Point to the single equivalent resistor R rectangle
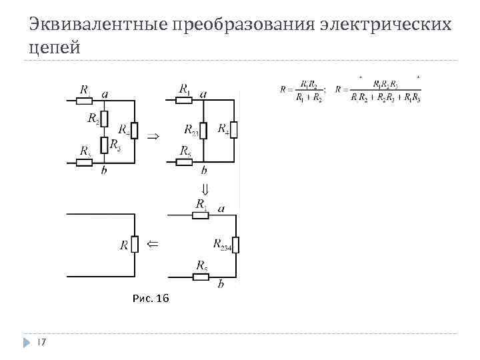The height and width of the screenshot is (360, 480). [x=135, y=245]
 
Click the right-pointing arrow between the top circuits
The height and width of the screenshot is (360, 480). [x=153, y=135]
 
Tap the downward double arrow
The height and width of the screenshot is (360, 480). [x=205, y=189]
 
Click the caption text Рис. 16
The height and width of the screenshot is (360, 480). [x=151, y=298]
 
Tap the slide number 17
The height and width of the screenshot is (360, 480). [x=41, y=342]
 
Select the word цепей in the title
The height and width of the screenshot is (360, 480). [x=55, y=49]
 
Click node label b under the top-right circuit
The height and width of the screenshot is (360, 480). [x=203, y=171]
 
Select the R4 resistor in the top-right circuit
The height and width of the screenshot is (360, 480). [x=233, y=130]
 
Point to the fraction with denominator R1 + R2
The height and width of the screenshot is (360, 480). [x=309, y=91]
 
